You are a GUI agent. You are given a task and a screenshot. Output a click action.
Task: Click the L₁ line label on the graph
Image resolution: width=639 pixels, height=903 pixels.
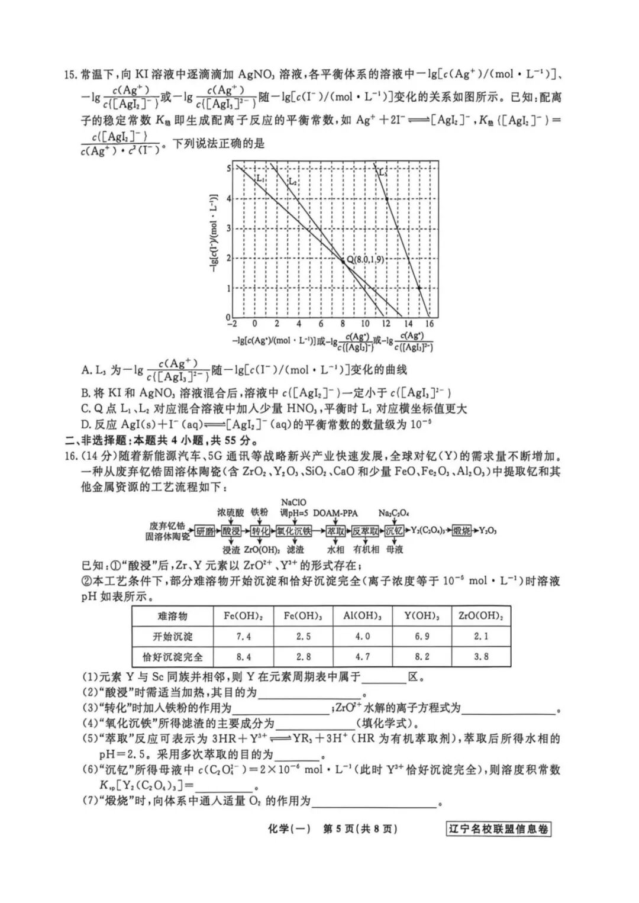[261, 178]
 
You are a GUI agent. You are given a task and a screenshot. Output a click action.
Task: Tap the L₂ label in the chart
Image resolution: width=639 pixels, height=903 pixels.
[293, 182]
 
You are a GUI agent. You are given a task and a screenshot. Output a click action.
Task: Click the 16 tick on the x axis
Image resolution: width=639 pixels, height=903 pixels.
[430, 324]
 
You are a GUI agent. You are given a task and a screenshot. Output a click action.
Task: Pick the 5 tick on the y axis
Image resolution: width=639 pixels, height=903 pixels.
[229, 169]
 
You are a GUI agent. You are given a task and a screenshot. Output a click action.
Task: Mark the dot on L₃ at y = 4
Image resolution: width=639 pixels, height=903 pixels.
[387, 198]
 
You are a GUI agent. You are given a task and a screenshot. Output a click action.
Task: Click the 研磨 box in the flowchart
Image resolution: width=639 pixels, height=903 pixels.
[205, 531]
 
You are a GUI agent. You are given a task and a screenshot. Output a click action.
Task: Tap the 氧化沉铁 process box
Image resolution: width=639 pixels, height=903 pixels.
[294, 531]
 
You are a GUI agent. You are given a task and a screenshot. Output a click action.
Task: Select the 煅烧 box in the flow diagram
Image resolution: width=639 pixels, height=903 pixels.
[462, 531]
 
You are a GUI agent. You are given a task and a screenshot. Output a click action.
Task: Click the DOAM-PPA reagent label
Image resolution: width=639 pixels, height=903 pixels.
[335, 513]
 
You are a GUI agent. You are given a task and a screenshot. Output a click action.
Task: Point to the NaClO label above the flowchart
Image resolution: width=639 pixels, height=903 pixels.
[294, 502]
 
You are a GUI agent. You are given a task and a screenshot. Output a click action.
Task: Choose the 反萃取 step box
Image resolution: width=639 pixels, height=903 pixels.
[365, 531]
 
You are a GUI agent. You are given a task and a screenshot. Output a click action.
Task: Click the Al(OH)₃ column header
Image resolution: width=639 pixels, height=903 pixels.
[363, 616]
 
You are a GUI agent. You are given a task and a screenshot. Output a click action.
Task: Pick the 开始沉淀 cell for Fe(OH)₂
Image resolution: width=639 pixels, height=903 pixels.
[244, 636]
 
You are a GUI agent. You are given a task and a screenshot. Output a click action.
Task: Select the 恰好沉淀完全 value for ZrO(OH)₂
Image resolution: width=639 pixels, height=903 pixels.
[481, 656]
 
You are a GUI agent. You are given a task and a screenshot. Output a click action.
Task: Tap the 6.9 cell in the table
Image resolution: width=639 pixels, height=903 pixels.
[421, 636]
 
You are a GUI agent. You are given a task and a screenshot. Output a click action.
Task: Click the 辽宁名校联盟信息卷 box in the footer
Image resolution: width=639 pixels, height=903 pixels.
[498, 828]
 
